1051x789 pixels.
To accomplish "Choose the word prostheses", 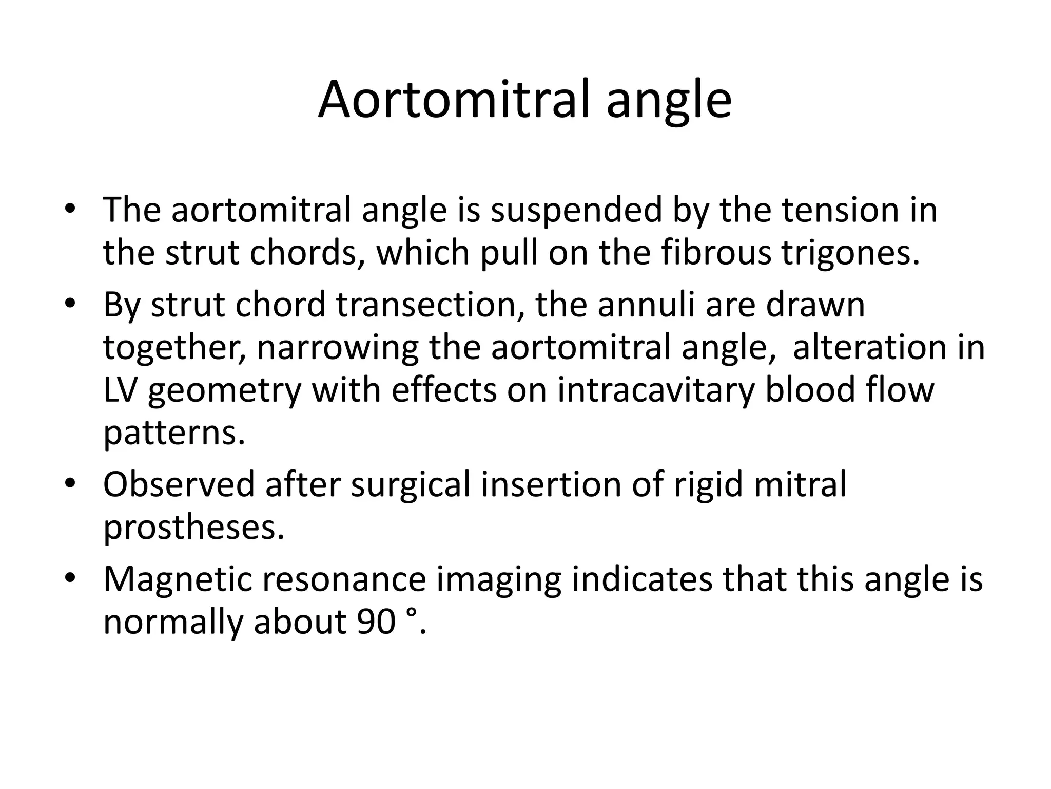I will click(x=193, y=528).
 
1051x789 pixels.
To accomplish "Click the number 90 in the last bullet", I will click(x=375, y=622).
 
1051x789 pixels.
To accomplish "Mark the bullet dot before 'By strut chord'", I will click(x=70, y=304).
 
